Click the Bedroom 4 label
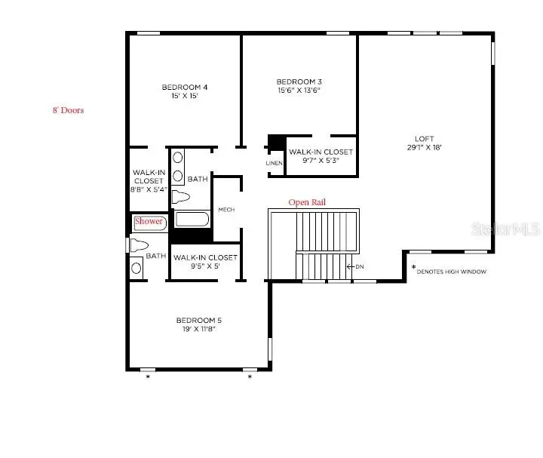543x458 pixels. coord(184,88)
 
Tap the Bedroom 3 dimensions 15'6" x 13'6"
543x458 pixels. coord(299,91)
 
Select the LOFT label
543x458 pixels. coord(424,138)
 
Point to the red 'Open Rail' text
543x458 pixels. coord(308,202)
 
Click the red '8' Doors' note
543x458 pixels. coord(67,110)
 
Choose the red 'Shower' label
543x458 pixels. coord(149,222)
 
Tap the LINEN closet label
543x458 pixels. coord(274,163)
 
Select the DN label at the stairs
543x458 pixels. coord(360,266)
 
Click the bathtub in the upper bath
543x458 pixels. coord(192,220)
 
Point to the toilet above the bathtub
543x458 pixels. coord(181,197)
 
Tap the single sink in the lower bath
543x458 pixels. coord(137,266)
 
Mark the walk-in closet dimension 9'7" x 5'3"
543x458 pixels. coord(321,160)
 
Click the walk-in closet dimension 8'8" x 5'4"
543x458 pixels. coord(149,190)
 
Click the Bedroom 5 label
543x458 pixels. coord(199,320)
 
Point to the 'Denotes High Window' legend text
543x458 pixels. coord(451,272)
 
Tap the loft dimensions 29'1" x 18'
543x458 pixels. coord(424,148)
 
